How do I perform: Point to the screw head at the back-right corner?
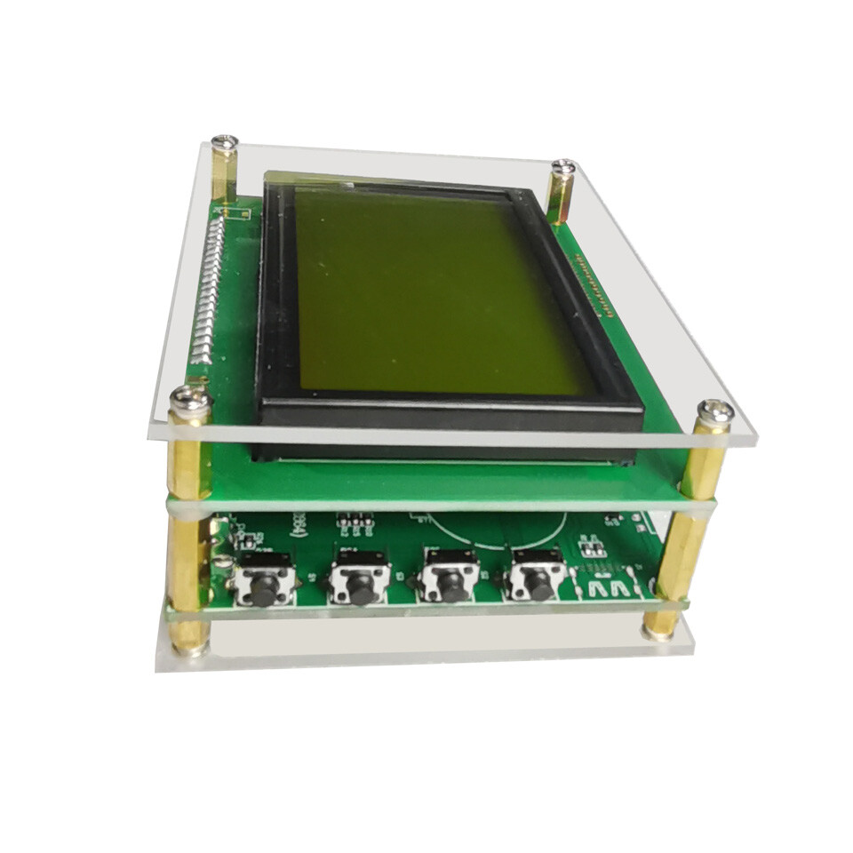tap(563, 166)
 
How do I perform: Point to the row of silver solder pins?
tap(203, 293)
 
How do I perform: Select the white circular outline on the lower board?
tap(498, 533)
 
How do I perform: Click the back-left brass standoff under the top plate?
tap(225, 173)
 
